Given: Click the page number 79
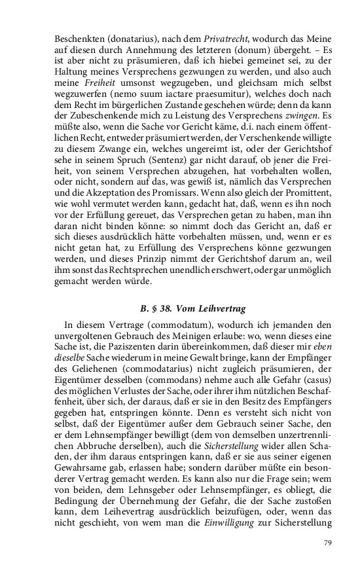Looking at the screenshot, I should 329,541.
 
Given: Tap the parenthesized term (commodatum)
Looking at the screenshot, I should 154,326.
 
